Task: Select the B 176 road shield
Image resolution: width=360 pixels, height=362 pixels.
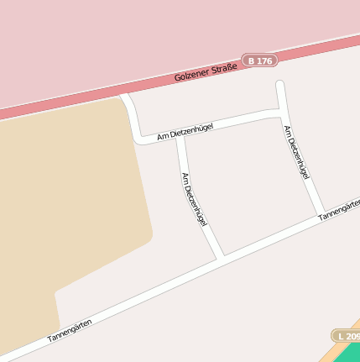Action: pyautogui.click(x=260, y=60)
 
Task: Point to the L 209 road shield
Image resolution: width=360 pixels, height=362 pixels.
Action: pyautogui.click(x=346, y=335)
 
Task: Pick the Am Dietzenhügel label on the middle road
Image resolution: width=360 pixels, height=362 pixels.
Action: pyautogui.click(x=193, y=198)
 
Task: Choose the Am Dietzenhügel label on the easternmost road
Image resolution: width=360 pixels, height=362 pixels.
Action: pyautogui.click(x=296, y=153)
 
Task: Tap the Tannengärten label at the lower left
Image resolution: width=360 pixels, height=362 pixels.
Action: pyautogui.click(x=69, y=328)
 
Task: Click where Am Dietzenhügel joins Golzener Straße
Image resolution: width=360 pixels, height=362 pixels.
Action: pyautogui.click(x=126, y=97)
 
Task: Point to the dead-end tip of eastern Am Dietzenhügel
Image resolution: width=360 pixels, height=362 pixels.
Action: pyautogui.click(x=280, y=84)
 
